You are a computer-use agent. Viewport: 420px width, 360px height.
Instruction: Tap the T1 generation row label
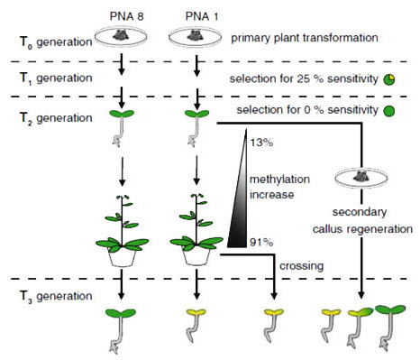[x=46, y=78]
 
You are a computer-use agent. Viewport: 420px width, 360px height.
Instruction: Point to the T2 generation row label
[x=46, y=117]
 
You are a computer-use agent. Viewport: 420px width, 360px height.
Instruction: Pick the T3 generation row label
[x=46, y=295]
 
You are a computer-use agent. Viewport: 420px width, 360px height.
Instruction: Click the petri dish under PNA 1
[x=196, y=38]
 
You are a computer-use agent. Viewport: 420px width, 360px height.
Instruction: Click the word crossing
[x=300, y=267]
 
